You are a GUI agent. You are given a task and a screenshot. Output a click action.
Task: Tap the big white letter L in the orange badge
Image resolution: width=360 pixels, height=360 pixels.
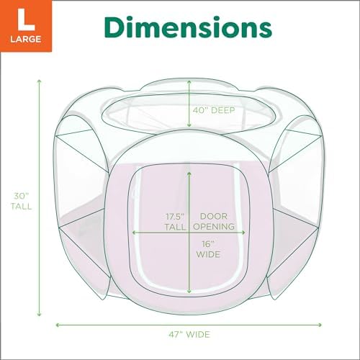[26, 19]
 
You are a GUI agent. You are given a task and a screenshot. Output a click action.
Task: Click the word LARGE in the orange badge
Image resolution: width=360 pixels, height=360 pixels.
[26, 39]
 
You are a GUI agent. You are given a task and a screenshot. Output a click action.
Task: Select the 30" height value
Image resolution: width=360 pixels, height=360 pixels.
[21, 196]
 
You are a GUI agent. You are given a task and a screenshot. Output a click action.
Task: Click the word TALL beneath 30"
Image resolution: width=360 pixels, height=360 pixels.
[21, 207]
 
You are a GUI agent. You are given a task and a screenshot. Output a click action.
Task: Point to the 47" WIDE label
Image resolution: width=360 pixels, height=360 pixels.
[189, 334]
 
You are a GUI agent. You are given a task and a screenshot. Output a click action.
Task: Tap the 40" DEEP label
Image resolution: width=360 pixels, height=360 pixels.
[214, 110]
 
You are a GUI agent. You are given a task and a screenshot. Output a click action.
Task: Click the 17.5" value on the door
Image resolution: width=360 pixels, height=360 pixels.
[175, 217]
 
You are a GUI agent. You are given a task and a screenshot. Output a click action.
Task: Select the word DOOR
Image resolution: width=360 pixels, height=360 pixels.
[214, 217]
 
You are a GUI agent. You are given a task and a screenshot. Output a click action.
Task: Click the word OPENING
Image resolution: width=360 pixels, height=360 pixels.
[214, 227]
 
